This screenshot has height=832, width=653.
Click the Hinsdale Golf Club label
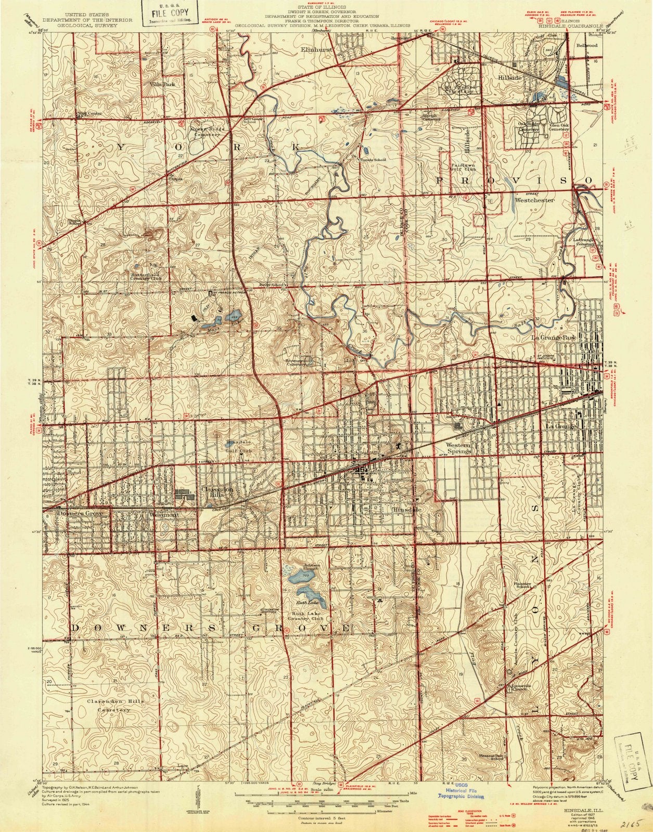[x=239, y=446]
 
